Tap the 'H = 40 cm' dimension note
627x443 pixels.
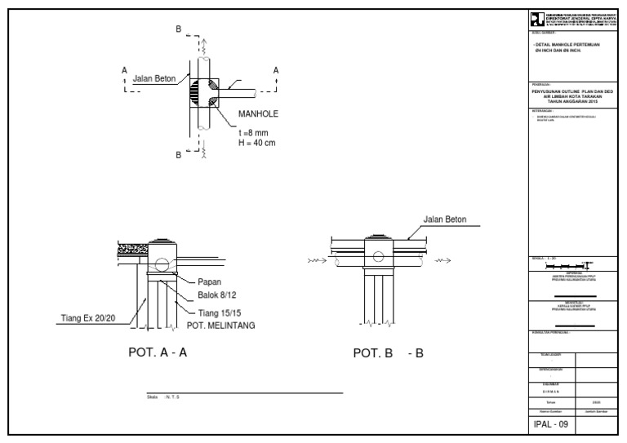coord(257,143)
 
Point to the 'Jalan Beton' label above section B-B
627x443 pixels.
coord(445,219)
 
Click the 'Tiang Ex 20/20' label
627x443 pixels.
coord(89,317)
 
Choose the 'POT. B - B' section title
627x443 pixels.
coord(388,354)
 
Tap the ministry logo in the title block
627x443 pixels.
coord(536,20)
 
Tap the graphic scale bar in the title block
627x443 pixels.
coord(568,266)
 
